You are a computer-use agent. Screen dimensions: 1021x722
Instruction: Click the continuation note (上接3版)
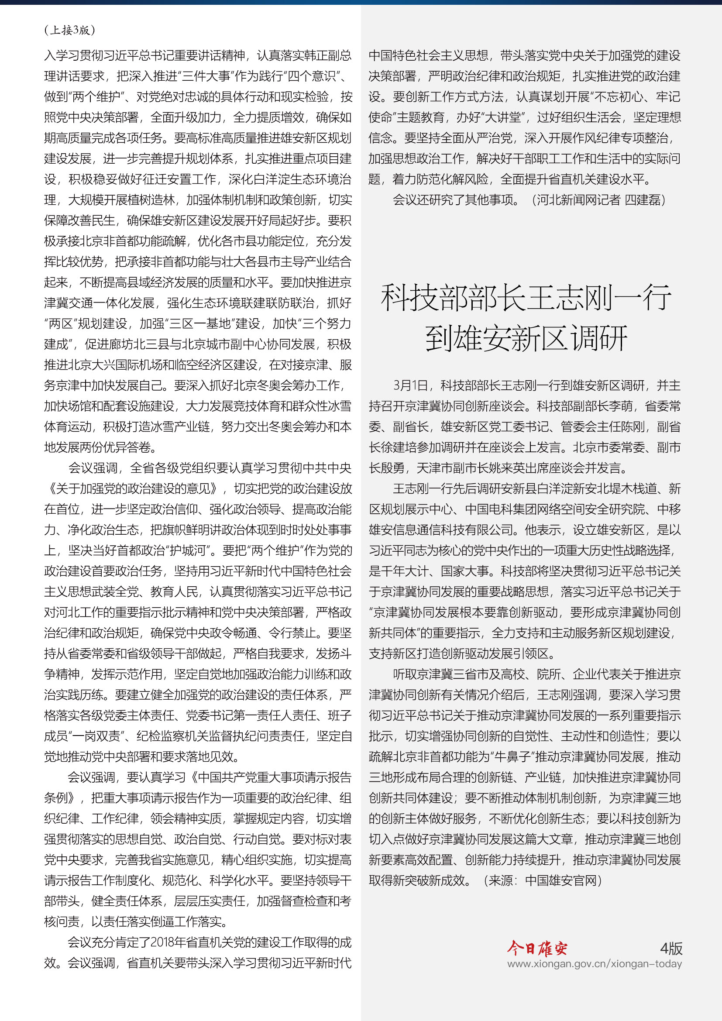70,30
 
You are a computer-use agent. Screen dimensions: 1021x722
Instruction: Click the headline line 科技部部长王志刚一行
526,298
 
